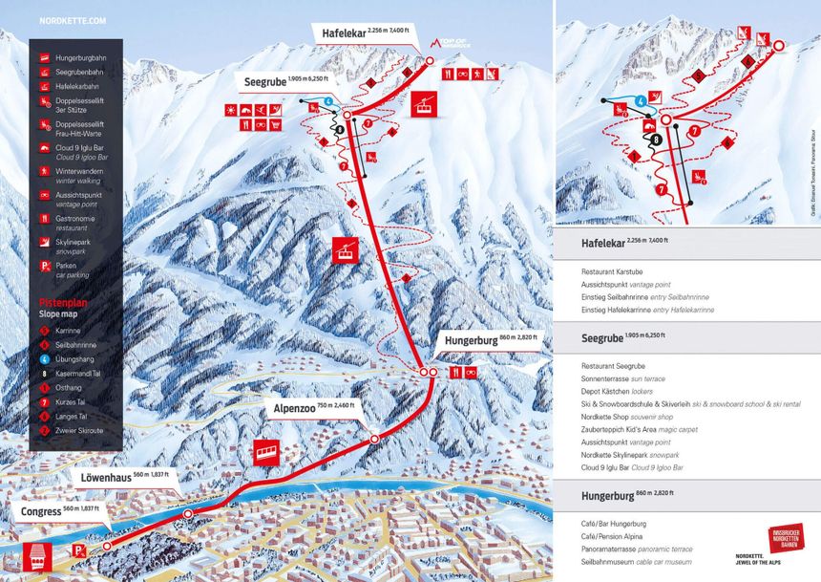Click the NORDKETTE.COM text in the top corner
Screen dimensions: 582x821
[x=74, y=20]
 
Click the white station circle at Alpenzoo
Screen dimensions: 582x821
[x=375, y=439]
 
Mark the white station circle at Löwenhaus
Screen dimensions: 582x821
[x=187, y=513]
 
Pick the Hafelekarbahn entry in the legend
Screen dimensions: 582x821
[x=75, y=86]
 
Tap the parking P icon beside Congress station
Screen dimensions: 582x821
[x=80, y=552]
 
